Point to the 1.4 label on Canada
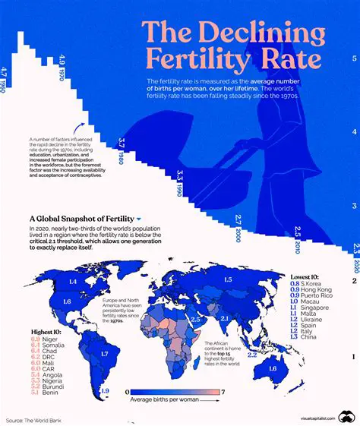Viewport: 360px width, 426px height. point(74,282)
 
